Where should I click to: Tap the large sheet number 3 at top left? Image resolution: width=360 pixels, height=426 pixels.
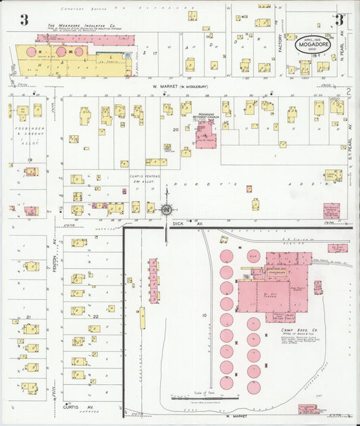click(x=24, y=20)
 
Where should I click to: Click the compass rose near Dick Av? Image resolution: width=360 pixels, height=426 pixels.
click(x=165, y=210)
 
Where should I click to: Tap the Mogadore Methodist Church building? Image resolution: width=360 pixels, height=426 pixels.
click(x=205, y=132)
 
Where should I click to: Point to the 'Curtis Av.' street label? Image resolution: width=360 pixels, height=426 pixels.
click(x=74, y=407)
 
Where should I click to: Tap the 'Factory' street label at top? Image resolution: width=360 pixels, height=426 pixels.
click(x=280, y=42)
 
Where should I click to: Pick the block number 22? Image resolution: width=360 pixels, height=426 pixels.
click(x=96, y=316)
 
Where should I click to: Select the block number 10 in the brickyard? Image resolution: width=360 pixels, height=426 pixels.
click(x=203, y=315)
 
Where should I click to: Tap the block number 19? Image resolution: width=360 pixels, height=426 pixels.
click(x=30, y=160)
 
